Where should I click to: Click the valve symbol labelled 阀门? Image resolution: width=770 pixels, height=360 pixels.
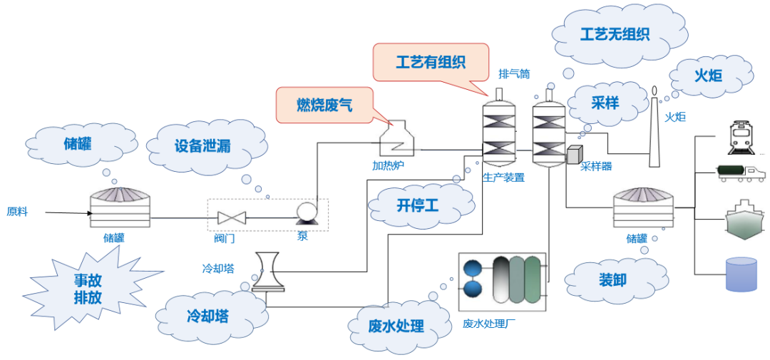point(231,217)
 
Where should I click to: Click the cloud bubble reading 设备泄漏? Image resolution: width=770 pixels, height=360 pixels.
point(202,146)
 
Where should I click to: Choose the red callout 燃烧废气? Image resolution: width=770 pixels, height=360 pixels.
point(324,105)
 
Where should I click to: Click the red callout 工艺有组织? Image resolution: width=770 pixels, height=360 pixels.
point(431,62)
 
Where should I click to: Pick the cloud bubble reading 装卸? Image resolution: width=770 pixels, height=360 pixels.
point(612,279)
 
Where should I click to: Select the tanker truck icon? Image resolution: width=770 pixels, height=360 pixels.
point(741,173)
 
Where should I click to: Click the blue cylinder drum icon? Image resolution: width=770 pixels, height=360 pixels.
point(741,274)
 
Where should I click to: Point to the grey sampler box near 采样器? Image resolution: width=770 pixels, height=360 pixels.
point(575,154)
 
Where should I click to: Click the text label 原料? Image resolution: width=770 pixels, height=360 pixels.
point(17,212)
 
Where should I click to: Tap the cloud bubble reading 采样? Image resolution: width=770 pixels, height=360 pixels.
point(605,101)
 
